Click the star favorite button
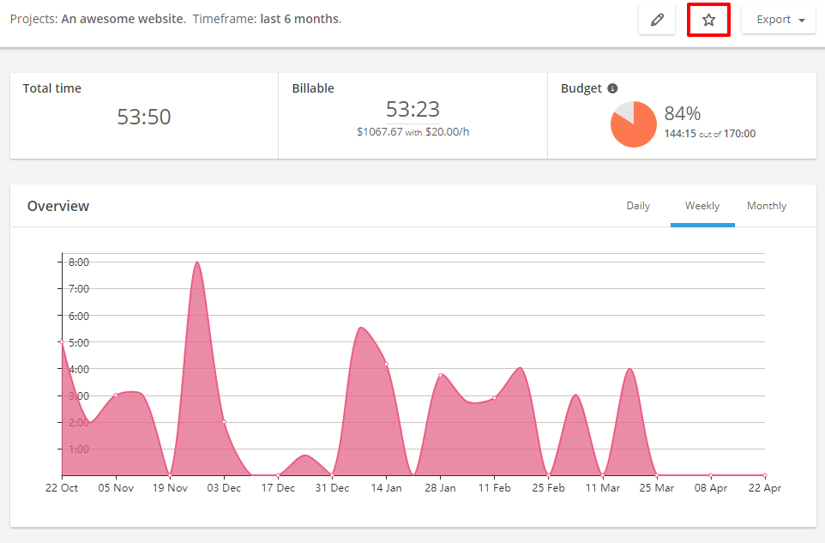coord(708,20)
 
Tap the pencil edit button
coord(657,20)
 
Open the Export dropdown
coord(779,20)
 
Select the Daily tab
coord(638,206)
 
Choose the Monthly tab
coord(767,206)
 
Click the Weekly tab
coord(702,206)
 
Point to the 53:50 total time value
coord(144,117)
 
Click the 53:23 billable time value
coord(412,109)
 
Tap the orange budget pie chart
coord(634,124)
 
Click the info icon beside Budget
coord(612,88)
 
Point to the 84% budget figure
coord(683,113)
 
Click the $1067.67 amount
coord(379,131)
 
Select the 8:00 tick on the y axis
coord(79,262)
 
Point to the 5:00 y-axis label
coord(79,342)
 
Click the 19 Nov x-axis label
coord(170,488)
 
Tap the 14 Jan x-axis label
coord(386,488)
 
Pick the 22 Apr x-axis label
coord(765,488)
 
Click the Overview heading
coord(58,206)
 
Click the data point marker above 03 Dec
coord(224,422)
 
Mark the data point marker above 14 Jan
coord(386,364)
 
